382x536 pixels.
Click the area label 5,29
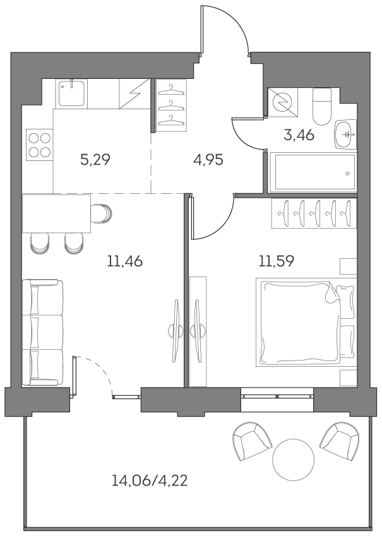click(95, 159)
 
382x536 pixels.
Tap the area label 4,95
click(208, 159)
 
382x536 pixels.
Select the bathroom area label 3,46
click(299, 134)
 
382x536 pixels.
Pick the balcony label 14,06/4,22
click(150, 482)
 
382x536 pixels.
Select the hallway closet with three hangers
click(172, 105)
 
